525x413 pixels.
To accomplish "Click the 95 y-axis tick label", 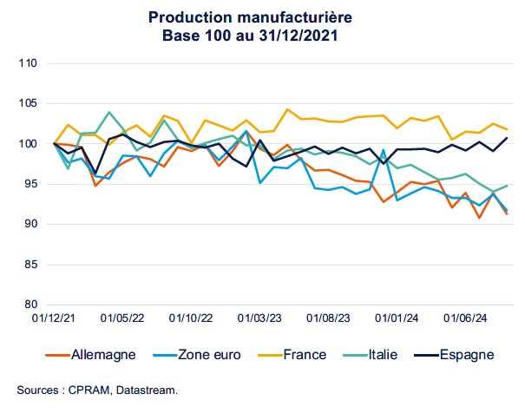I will (x=28, y=184).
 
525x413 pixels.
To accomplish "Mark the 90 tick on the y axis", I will (x=28, y=224).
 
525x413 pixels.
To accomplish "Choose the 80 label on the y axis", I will (x=28, y=305).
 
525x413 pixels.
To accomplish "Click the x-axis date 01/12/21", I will (x=54, y=319).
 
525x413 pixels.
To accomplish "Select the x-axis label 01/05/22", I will (x=123, y=319).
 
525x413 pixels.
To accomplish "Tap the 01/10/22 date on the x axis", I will (x=192, y=319).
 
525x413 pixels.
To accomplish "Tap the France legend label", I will (x=304, y=355).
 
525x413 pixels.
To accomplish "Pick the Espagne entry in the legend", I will (x=465, y=355).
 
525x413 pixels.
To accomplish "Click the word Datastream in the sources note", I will (x=147, y=390).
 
